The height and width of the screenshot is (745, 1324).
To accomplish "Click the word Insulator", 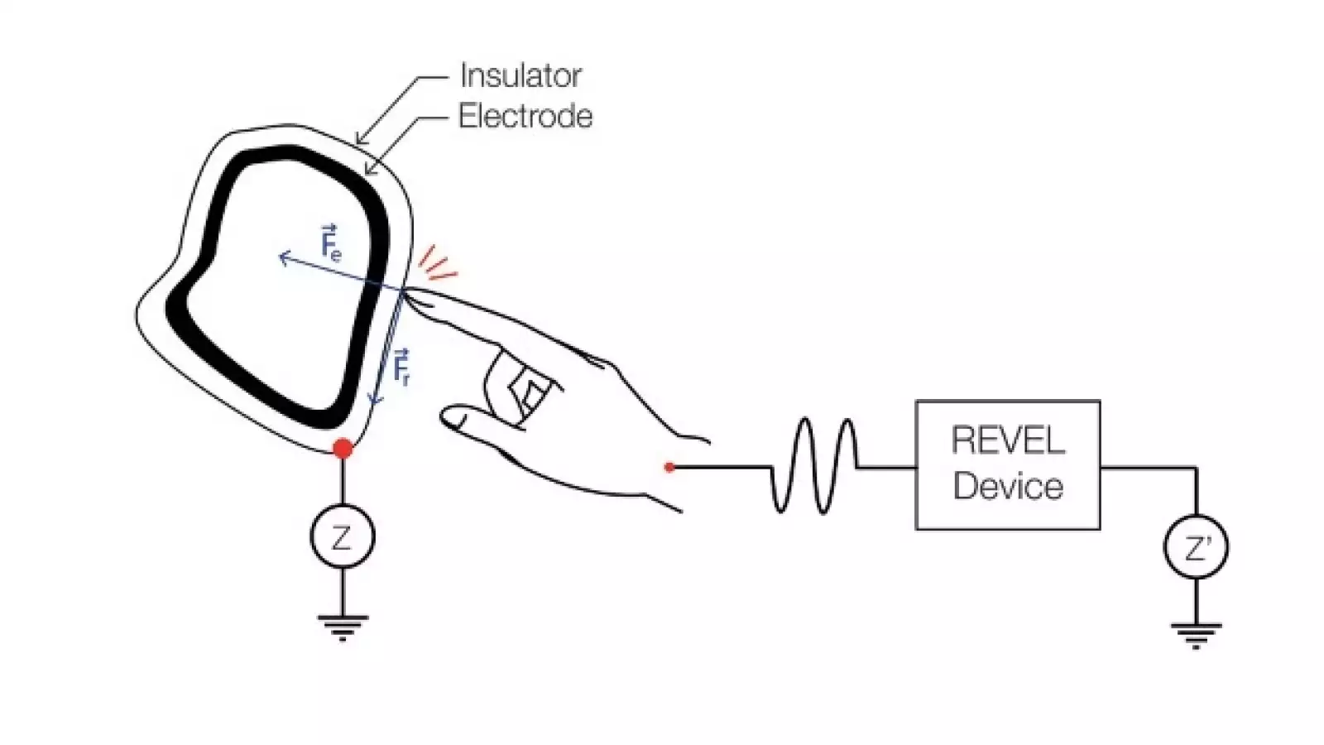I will click(520, 76).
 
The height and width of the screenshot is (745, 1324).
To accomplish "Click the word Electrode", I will click(525, 117).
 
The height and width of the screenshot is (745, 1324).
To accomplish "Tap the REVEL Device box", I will click(1007, 464).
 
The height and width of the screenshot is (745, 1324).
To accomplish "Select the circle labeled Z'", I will click(1196, 547).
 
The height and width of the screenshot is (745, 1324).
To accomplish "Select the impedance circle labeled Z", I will click(342, 538).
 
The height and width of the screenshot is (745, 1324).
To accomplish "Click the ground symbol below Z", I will click(343, 627).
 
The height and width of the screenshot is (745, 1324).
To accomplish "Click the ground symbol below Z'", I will click(1196, 635).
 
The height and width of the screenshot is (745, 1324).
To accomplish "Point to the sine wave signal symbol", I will click(815, 465).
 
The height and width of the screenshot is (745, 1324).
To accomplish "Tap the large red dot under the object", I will click(343, 449).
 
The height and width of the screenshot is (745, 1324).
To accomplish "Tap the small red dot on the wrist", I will click(669, 468).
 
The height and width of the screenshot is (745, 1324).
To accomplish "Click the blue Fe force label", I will click(329, 243).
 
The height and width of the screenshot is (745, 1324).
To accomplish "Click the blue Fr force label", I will click(401, 368).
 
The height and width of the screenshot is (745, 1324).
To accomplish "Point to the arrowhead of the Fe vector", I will click(282, 258).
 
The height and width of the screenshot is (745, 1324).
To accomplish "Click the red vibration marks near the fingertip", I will click(437, 263).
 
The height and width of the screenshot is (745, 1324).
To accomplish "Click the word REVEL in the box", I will click(1007, 440).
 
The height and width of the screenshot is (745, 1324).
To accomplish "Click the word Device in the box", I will click(1007, 486).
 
